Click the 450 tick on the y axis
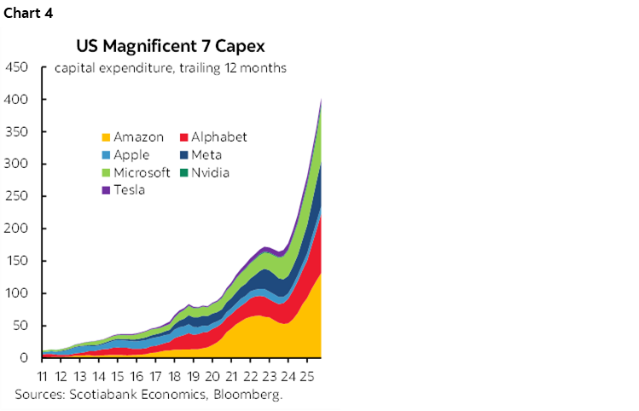17,67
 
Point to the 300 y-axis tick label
17,165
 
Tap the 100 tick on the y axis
17,294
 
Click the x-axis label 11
42,376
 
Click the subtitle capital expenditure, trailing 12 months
170,68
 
